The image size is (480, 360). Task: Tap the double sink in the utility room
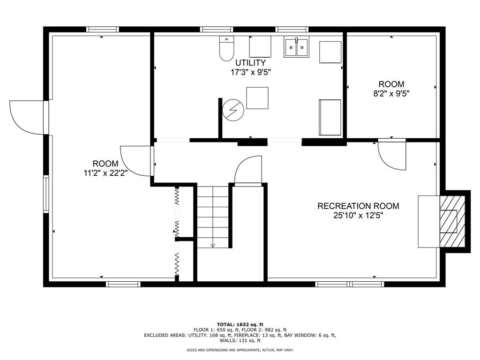296,47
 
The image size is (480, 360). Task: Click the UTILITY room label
250,63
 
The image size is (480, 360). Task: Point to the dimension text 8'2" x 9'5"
391,93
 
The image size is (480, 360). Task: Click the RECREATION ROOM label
358,206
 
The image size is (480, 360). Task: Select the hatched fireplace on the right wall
452,221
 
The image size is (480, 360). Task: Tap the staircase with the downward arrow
213,217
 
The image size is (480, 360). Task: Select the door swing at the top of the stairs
248,171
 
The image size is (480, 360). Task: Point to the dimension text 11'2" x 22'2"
105,173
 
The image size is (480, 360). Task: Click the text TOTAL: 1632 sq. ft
240,324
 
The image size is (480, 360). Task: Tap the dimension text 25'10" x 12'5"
358,216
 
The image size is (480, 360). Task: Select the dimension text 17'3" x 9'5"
250,72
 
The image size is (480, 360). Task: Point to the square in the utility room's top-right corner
330,52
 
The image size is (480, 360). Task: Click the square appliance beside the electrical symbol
257,98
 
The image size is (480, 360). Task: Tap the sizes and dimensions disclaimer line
240,350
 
